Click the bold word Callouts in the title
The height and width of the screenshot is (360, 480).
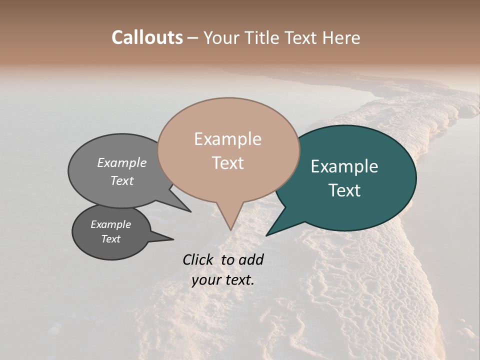[x=147, y=37]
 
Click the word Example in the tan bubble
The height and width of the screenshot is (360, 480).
[x=227, y=139]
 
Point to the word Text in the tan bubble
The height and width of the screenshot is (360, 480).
[x=227, y=163]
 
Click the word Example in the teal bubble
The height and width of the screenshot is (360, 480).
[x=344, y=166]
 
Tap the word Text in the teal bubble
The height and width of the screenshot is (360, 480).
[x=344, y=190]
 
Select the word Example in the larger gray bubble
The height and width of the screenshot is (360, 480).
[x=122, y=163]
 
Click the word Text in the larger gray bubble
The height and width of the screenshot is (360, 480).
[x=122, y=180]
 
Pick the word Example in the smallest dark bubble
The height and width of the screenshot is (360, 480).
[x=110, y=224]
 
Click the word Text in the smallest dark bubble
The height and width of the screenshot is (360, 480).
[x=110, y=239]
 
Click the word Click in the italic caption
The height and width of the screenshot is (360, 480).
[x=199, y=259]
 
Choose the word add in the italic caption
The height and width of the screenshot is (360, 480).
[x=251, y=259]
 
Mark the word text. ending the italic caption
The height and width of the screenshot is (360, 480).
[x=238, y=280]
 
